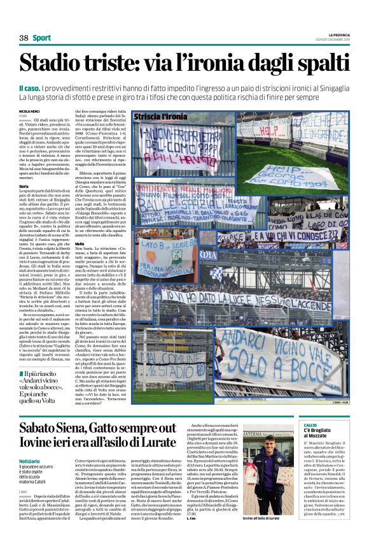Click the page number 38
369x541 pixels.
click(x=24, y=38)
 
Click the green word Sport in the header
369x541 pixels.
click(x=42, y=38)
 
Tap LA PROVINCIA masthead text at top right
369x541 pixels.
click(x=335, y=34)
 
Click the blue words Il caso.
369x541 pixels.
click(x=31, y=87)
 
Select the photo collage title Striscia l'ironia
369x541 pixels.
click(x=161, y=117)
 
